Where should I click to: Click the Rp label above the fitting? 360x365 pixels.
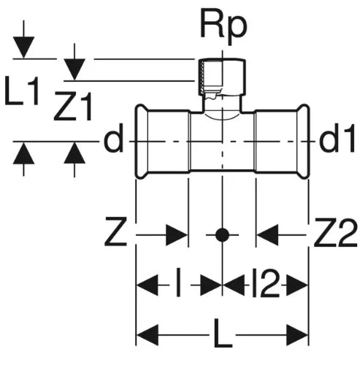[223, 26]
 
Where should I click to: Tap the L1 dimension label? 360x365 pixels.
[22, 91]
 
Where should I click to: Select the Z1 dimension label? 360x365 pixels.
[73, 106]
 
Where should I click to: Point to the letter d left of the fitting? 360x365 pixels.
[113, 138]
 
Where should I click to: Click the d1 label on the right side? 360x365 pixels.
[337, 138]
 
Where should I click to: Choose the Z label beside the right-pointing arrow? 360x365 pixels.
[115, 231]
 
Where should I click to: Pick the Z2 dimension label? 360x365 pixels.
[336, 232]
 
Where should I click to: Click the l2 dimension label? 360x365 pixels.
[265, 283]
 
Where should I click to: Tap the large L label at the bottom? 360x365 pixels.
[223, 334]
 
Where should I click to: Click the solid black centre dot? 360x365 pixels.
[222, 235]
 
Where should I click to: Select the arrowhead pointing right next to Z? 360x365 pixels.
[177, 235]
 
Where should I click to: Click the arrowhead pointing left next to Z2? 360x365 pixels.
[267, 235]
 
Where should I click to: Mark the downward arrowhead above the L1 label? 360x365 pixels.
[23, 47]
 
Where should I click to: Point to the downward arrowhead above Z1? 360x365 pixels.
[74, 69]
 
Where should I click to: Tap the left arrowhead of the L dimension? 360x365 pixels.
[148, 335]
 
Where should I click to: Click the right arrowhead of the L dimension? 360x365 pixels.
[297, 335]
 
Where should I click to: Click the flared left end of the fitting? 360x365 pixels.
[142, 142]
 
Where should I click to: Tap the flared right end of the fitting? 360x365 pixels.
[303, 142]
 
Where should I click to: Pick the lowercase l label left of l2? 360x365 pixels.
[179, 283]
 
